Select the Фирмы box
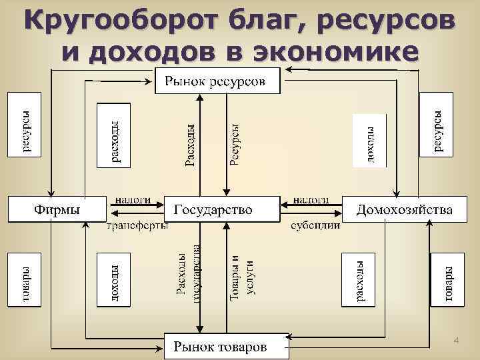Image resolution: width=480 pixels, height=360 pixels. click(57, 209)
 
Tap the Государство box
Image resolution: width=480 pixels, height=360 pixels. click(222, 209)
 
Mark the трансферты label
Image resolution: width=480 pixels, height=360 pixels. click(137, 225)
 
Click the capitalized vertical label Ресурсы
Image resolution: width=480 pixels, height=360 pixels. click(235, 143)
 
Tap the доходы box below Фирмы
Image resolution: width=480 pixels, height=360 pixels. click(114, 280)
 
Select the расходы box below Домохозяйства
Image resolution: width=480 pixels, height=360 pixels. click(359, 280)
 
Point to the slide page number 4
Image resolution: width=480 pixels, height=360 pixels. click(457, 341)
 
